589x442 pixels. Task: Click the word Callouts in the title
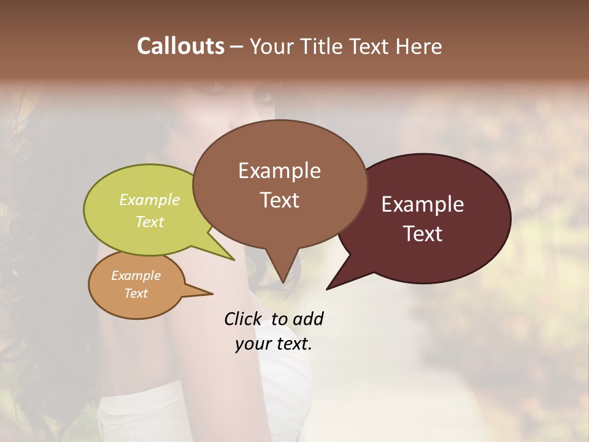pos(181,46)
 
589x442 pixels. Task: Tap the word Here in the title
pos(418,47)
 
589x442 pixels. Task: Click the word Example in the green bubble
pos(150,200)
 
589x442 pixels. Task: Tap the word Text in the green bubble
pos(150,222)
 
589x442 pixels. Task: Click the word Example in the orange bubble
pos(136,276)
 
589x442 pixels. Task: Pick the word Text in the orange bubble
pos(136,293)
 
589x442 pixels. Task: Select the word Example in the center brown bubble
pos(279,171)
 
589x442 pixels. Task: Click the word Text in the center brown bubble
pos(280,200)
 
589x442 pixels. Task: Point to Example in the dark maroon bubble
pos(423,204)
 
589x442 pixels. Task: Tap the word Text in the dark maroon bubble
pos(423,234)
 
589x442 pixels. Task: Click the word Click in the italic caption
pos(243,319)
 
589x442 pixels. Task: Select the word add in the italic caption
pos(308,319)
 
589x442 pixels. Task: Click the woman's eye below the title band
pos(263,95)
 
